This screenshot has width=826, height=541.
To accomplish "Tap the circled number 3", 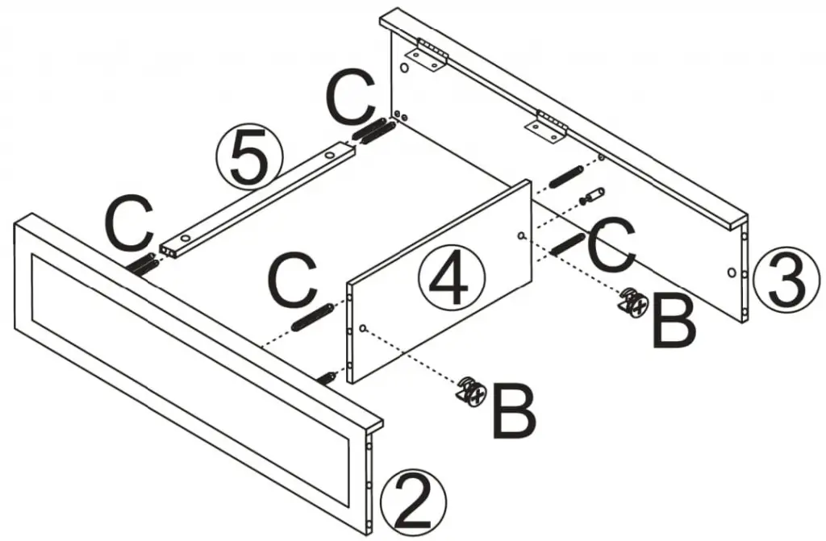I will tap(786, 280).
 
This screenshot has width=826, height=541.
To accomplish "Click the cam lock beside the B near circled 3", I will tap(633, 302).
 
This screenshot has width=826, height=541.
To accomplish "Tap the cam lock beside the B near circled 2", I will tap(471, 392).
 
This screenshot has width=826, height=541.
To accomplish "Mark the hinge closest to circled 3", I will tap(548, 127).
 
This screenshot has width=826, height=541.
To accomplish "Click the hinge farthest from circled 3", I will tap(427, 57).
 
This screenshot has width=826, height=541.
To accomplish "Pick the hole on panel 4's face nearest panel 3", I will tap(523, 236).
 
